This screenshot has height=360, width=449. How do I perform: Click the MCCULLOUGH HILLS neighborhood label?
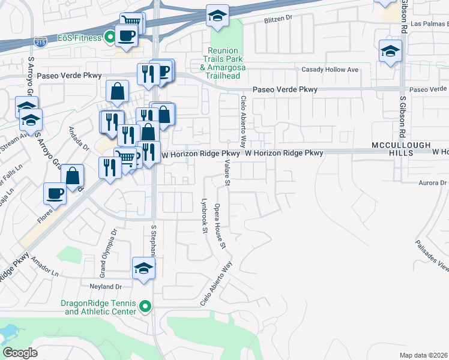(393, 150)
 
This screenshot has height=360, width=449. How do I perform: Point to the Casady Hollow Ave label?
(330, 70)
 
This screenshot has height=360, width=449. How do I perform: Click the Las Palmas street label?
(430, 25)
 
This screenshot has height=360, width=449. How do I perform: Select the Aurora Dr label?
(435, 182)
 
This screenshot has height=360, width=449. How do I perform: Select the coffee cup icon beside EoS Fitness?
(126, 35)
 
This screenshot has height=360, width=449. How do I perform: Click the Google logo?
(20, 353)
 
